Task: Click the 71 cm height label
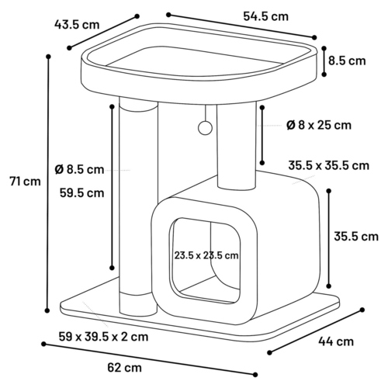click(x=25, y=181)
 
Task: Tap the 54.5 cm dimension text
click(x=265, y=16)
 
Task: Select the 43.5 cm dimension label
click(x=77, y=25)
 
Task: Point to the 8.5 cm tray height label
click(x=347, y=61)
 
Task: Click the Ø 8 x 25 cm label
click(x=319, y=126)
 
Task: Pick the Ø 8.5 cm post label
click(x=79, y=170)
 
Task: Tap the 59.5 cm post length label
click(x=81, y=193)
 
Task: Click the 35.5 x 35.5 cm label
click(x=328, y=165)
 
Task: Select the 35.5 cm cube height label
click(x=356, y=237)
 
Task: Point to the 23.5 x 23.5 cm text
click(x=206, y=255)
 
